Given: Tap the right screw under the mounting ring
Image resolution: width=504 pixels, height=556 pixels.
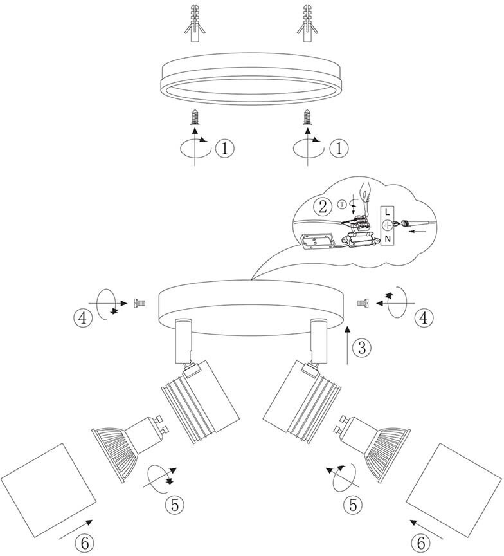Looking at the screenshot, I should (x=308, y=118).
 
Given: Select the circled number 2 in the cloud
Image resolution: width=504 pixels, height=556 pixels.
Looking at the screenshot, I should (x=322, y=207).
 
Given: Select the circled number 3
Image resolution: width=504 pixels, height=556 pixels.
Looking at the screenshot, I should (x=363, y=348).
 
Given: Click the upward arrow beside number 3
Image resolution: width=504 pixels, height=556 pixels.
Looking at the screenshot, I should (x=348, y=345).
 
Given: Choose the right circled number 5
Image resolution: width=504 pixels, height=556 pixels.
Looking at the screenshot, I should (x=352, y=505).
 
